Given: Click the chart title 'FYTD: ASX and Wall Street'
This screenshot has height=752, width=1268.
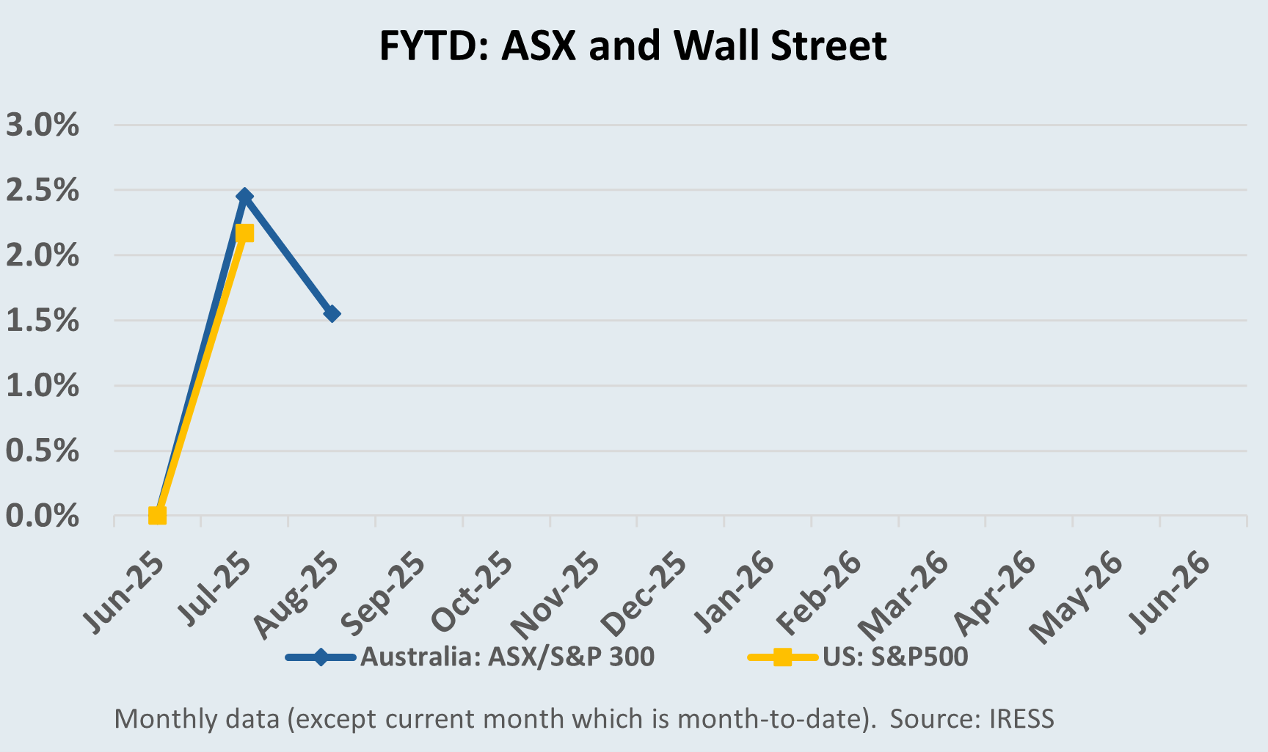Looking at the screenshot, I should pyautogui.click(x=633, y=45).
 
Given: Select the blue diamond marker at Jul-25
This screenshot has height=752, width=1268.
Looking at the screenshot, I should pyautogui.click(x=244, y=197).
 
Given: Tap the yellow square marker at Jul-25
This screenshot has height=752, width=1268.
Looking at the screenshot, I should pyautogui.click(x=244, y=233).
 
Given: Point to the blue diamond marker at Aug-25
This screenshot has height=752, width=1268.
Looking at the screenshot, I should pyautogui.click(x=332, y=314).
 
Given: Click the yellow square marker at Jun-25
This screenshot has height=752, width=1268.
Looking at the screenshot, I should pyautogui.click(x=157, y=515).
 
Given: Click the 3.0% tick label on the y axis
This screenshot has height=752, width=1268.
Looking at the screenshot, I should pyautogui.click(x=43, y=125).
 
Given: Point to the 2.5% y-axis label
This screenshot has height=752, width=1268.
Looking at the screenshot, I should pyautogui.click(x=43, y=191).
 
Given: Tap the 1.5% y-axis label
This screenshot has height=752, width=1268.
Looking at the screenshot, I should pyautogui.click(x=43, y=321).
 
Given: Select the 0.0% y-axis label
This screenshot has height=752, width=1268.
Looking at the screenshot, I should pyautogui.click(x=43, y=516).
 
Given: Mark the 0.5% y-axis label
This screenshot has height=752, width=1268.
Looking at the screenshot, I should pyautogui.click(x=43, y=451).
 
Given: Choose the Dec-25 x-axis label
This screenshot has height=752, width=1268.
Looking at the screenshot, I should pyautogui.click(x=644, y=593).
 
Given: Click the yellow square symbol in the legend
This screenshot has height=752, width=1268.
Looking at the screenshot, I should pyautogui.click(x=782, y=657).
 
